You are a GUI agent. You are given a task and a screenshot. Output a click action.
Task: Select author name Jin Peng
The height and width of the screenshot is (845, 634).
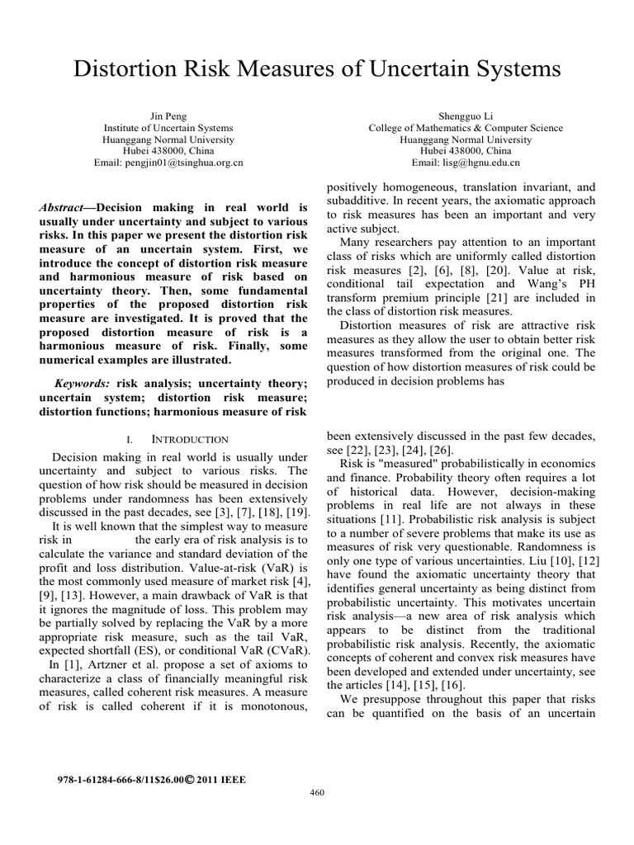tap(168, 116)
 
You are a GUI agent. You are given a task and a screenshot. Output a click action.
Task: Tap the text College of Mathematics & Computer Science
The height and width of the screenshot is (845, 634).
tap(466, 128)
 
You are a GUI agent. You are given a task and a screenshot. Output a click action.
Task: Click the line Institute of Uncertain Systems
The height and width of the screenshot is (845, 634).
tap(168, 128)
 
